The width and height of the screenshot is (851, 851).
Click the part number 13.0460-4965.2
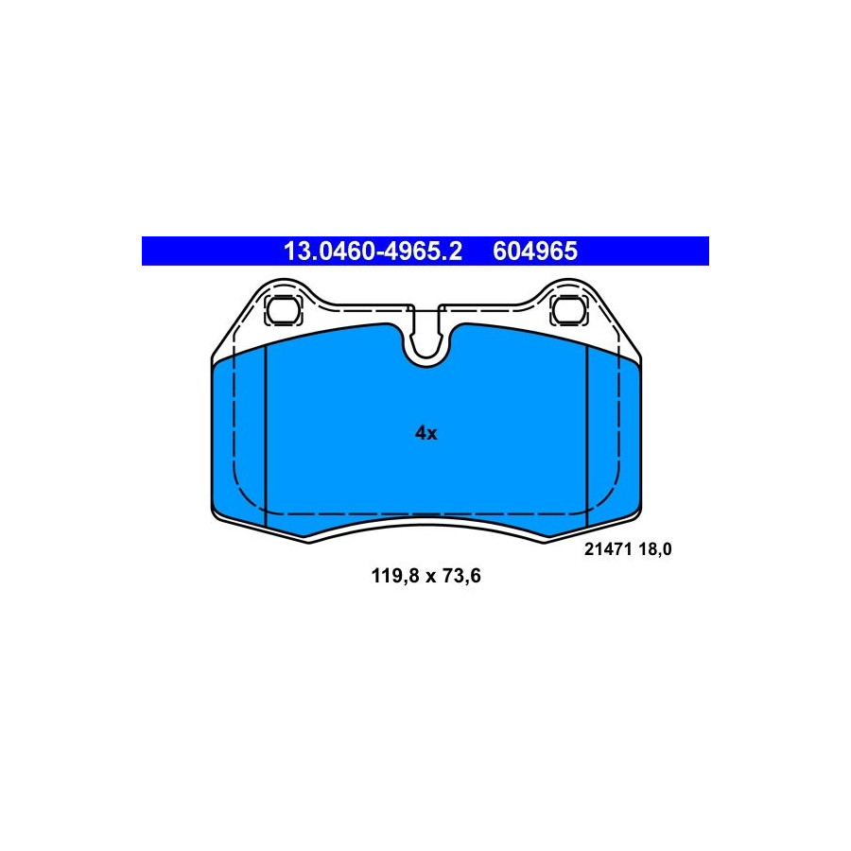[x=373, y=252]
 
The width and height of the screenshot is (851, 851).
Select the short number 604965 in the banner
[x=535, y=252]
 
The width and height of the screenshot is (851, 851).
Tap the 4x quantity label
[x=426, y=433]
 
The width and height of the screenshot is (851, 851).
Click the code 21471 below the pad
[x=608, y=549]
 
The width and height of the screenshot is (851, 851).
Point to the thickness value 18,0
[x=655, y=549]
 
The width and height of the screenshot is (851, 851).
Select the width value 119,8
[x=395, y=575]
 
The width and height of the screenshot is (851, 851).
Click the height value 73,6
[x=461, y=575]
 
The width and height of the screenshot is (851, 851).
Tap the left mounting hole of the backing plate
[x=283, y=310]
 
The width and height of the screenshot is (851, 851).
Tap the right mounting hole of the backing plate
[x=568, y=310]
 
